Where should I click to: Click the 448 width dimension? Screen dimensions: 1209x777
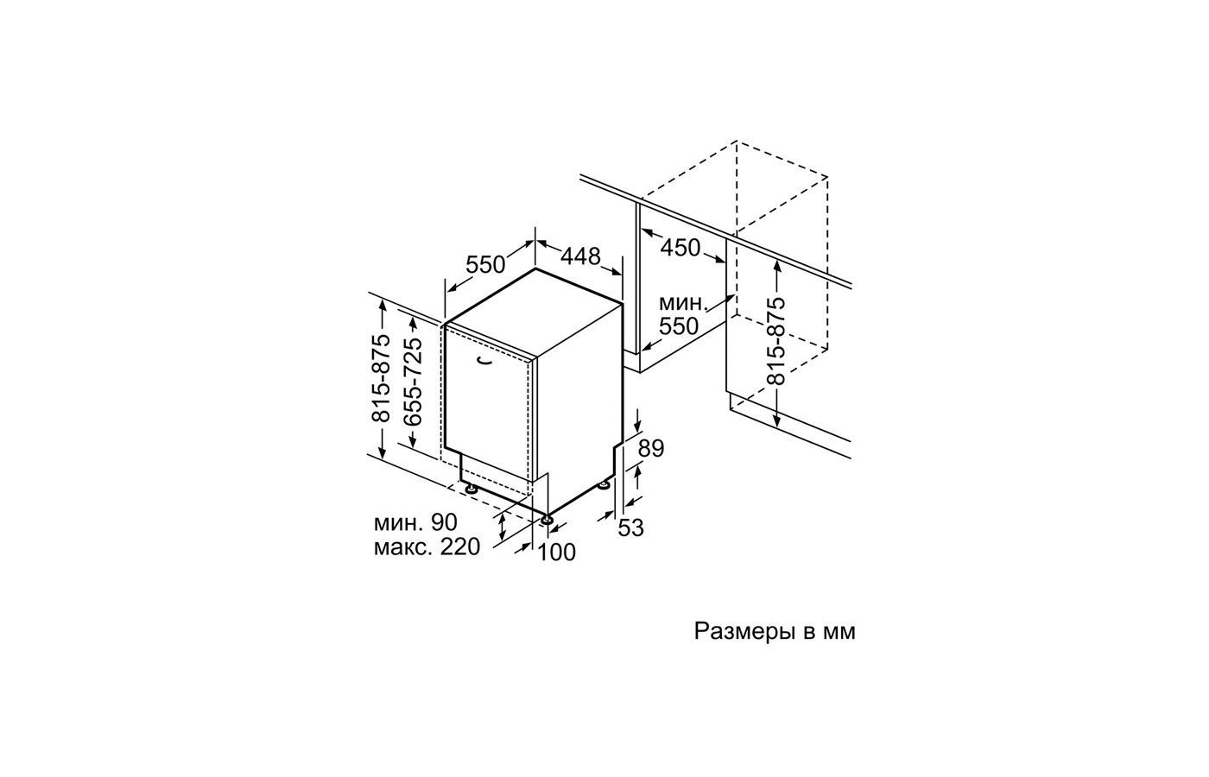[x=580, y=256]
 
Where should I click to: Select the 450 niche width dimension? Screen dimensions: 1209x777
[x=680, y=248]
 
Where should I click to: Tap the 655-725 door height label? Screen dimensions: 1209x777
[x=414, y=382]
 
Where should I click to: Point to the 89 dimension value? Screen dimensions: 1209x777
[x=651, y=448]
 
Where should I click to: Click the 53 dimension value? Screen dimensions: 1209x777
[x=631, y=527]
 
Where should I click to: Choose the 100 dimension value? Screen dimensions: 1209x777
[x=557, y=552]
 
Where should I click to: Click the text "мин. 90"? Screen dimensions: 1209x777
[x=415, y=522]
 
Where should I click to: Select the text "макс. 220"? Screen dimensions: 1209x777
[x=427, y=547]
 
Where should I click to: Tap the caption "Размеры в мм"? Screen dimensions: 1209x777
[x=775, y=631]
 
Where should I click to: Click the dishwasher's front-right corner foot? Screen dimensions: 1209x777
[x=548, y=520]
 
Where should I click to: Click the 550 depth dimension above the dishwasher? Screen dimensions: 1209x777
[x=485, y=265]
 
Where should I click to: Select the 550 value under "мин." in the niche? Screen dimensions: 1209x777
[x=679, y=326]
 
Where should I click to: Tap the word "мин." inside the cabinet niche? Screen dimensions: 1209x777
[x=683, y=303]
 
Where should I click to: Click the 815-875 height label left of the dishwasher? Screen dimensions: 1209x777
[x=382, y=378]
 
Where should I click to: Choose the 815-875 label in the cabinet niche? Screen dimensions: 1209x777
[x=775, y=341]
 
